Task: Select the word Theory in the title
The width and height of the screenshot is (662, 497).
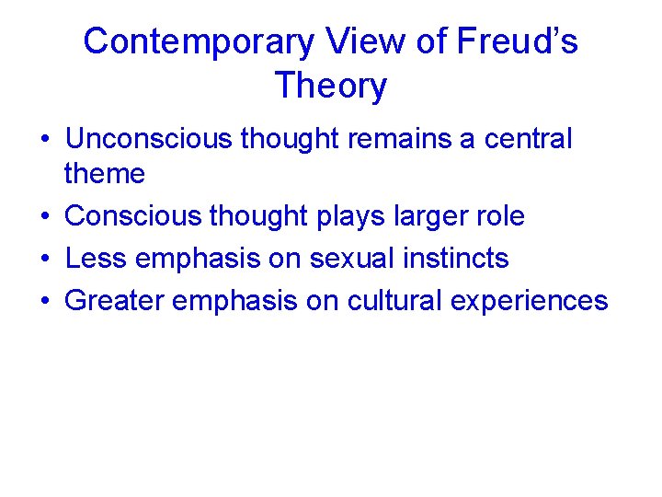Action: (x=330, y=86)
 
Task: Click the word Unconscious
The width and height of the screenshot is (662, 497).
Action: (x=149, y=139)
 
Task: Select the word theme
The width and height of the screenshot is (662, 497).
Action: (x=105, y=173)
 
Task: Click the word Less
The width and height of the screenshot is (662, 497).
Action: (x=96, y=259)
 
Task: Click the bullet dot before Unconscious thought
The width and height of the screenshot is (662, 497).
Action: (x=44, y=140)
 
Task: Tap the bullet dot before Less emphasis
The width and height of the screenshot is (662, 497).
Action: (x=44, y=260)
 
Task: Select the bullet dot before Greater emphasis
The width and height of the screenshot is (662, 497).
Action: (x=44, y=302)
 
